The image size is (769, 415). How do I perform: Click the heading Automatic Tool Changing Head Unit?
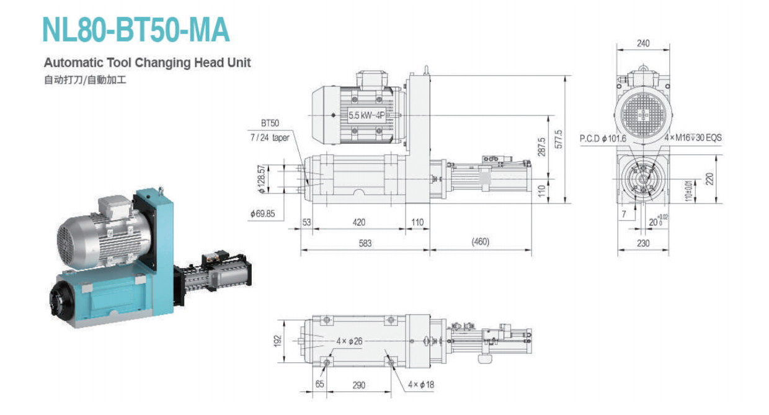pyautogui.click(x=147, y=63)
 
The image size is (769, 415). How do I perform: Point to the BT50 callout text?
pyautogui.click(x=270, y=123)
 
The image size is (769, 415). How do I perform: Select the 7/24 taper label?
pyautogui.click(x=271, y=138)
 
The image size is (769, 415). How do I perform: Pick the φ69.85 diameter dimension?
pyautogui.click(x=264, y=213)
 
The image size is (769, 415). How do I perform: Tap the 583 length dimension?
pyautogui.click(x=365, y=243)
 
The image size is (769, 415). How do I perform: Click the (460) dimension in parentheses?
pyautogui.click(x=480, y=241)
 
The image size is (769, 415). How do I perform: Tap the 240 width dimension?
pyautogui.click(x=643, y=43)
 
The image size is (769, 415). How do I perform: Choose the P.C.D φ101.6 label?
pyautogui.click(x=603, y=138)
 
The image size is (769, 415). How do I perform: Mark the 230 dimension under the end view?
pyautogui.click(x=643, y=243)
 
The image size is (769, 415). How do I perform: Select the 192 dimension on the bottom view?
pyautogui.click(x=277, y=341)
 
